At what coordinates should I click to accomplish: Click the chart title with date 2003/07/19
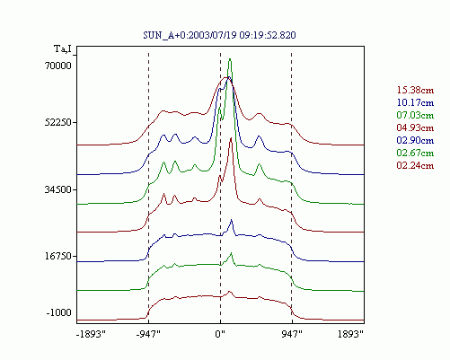219,35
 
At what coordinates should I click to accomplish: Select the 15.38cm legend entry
415,90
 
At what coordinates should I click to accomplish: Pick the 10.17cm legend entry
415,102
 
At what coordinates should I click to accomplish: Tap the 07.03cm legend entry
415,115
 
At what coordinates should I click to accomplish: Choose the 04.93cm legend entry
415,127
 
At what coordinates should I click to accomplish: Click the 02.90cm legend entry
415,140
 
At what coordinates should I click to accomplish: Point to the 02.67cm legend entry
415,153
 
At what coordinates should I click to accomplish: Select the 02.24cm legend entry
415,165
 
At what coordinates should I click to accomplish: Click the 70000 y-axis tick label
58,66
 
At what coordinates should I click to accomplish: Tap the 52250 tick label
58,123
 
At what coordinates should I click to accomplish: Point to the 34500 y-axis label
58,189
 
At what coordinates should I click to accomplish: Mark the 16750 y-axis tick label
58,257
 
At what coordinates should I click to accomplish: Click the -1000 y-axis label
59,312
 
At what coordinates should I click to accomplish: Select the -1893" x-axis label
92,334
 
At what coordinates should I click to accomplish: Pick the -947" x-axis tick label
148,334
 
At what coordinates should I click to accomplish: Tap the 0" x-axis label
220,334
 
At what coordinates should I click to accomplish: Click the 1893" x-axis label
350,334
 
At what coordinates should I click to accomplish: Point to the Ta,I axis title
63,48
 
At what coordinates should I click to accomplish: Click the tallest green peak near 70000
230,59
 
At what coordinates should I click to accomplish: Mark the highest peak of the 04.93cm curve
231,138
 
